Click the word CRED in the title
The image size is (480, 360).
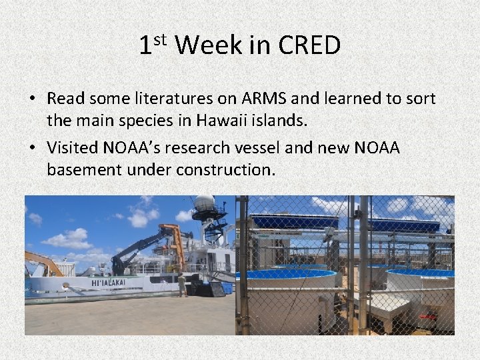point(309,45)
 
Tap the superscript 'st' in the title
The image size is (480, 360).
point(161,39)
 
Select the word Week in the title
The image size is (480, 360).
point(208,45)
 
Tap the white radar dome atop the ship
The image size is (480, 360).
point(204,204)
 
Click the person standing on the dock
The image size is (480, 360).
point(181,285)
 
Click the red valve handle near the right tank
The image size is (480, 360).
point(427,315)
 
